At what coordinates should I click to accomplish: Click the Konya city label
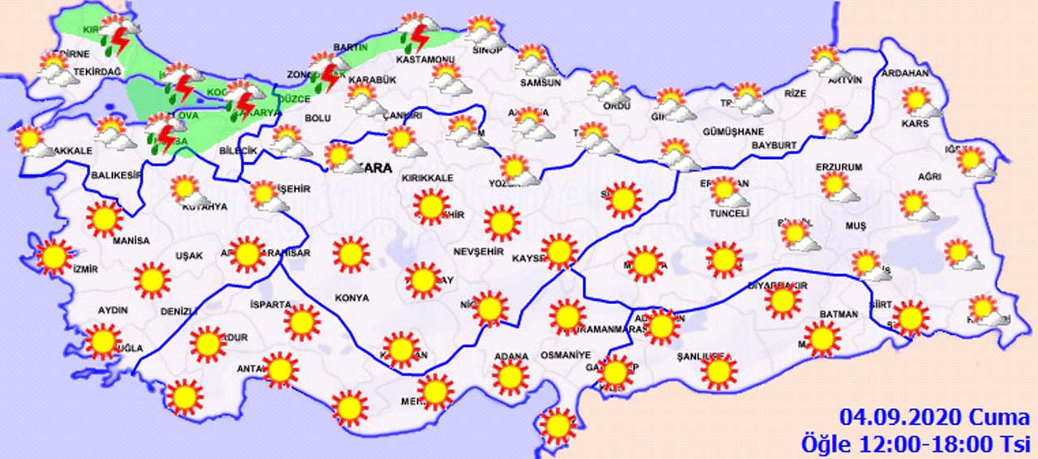[352, 298]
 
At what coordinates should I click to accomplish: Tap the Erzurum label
[840, 167]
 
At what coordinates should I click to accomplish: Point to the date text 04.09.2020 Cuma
[935, 418]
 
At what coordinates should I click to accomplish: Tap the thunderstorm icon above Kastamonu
[418, 32]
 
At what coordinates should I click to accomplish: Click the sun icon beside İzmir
[54, 257]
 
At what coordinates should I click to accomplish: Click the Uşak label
[189, 256]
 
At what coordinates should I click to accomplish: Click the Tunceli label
[729, 213]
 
